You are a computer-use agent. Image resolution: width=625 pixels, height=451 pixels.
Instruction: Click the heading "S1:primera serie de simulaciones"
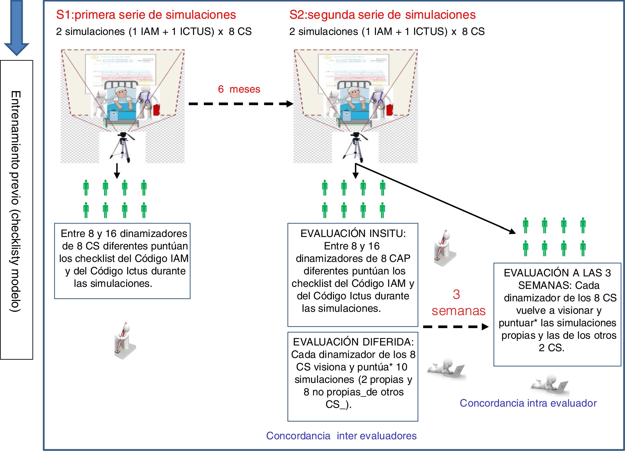click(146, 15)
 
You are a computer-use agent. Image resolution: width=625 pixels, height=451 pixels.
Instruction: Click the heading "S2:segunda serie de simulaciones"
click(382, 15)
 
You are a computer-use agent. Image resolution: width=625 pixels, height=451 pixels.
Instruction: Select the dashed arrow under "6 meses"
click(240, 104)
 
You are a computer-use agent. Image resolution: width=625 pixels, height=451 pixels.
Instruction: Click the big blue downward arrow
click(17, 27)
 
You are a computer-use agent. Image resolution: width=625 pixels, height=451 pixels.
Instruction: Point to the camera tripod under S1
click(122, 147)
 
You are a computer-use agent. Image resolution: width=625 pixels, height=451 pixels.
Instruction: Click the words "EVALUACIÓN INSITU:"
click(353, 234)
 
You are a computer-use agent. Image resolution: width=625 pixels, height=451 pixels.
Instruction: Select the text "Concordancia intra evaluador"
click(528, 403)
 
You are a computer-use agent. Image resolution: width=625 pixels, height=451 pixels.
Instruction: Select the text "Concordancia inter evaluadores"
click(341, 436)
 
